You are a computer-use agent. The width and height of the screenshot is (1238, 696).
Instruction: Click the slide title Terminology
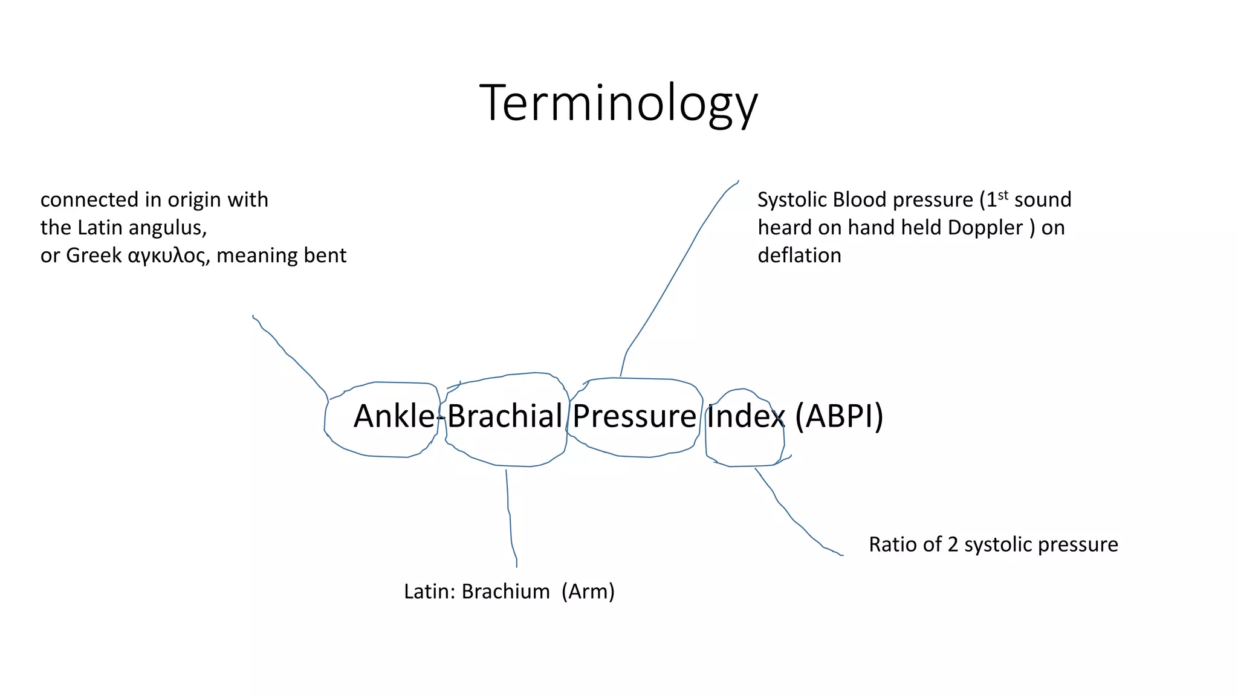point(618,103)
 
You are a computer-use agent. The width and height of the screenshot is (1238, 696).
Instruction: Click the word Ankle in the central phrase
point(394,416)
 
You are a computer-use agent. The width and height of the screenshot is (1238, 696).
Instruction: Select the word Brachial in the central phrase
point(505,416)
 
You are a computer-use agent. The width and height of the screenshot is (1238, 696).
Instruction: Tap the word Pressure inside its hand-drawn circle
point(634,416)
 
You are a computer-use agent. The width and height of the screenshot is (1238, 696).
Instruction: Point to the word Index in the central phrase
point(745,416)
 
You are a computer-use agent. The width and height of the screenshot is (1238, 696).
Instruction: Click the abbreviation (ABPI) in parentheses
point(839,416)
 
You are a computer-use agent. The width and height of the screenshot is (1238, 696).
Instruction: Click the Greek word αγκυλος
point(167,256)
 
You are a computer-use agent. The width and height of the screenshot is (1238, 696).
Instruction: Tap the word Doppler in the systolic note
point(985,228)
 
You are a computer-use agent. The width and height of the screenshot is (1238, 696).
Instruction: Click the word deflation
point(799,256)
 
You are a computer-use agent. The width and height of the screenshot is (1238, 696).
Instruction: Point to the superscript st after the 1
point(1003,195)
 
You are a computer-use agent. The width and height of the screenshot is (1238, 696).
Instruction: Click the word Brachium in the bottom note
point(505,591)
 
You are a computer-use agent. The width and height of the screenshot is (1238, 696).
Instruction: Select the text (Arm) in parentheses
point(588,591)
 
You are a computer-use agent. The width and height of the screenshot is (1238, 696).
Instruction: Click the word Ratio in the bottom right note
point(890,544)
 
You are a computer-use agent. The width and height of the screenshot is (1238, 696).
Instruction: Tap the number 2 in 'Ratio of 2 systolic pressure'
point(953,544)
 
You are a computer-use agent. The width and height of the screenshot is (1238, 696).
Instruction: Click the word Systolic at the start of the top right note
point(792,200)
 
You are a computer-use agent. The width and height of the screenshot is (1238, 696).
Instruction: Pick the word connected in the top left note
point(89,200)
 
